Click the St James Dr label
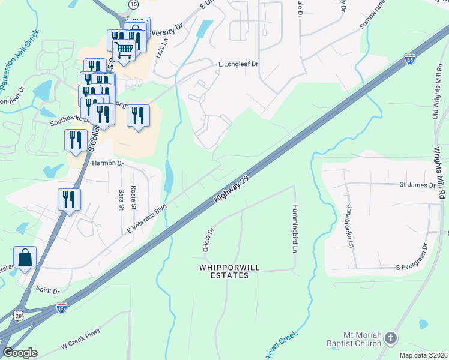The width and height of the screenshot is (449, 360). pyautogui.click(x=417, y=185)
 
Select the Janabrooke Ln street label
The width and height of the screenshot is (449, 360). pyautogui.click(x=349, y=226)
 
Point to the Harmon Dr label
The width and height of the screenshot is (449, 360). pyautogui.click(x=107, y=163)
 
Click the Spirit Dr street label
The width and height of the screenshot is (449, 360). pyautogui.click(x=47, y=291)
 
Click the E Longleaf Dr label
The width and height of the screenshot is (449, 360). pyautogui.click(x=238, y=64)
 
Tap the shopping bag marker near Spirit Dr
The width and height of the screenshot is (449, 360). pyautogui.click(x=25, y=257)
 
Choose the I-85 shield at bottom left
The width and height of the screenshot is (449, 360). pyautogui.click(x=62, y=308)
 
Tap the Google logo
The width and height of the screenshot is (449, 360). pyautogui.click(x=20, y=353)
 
